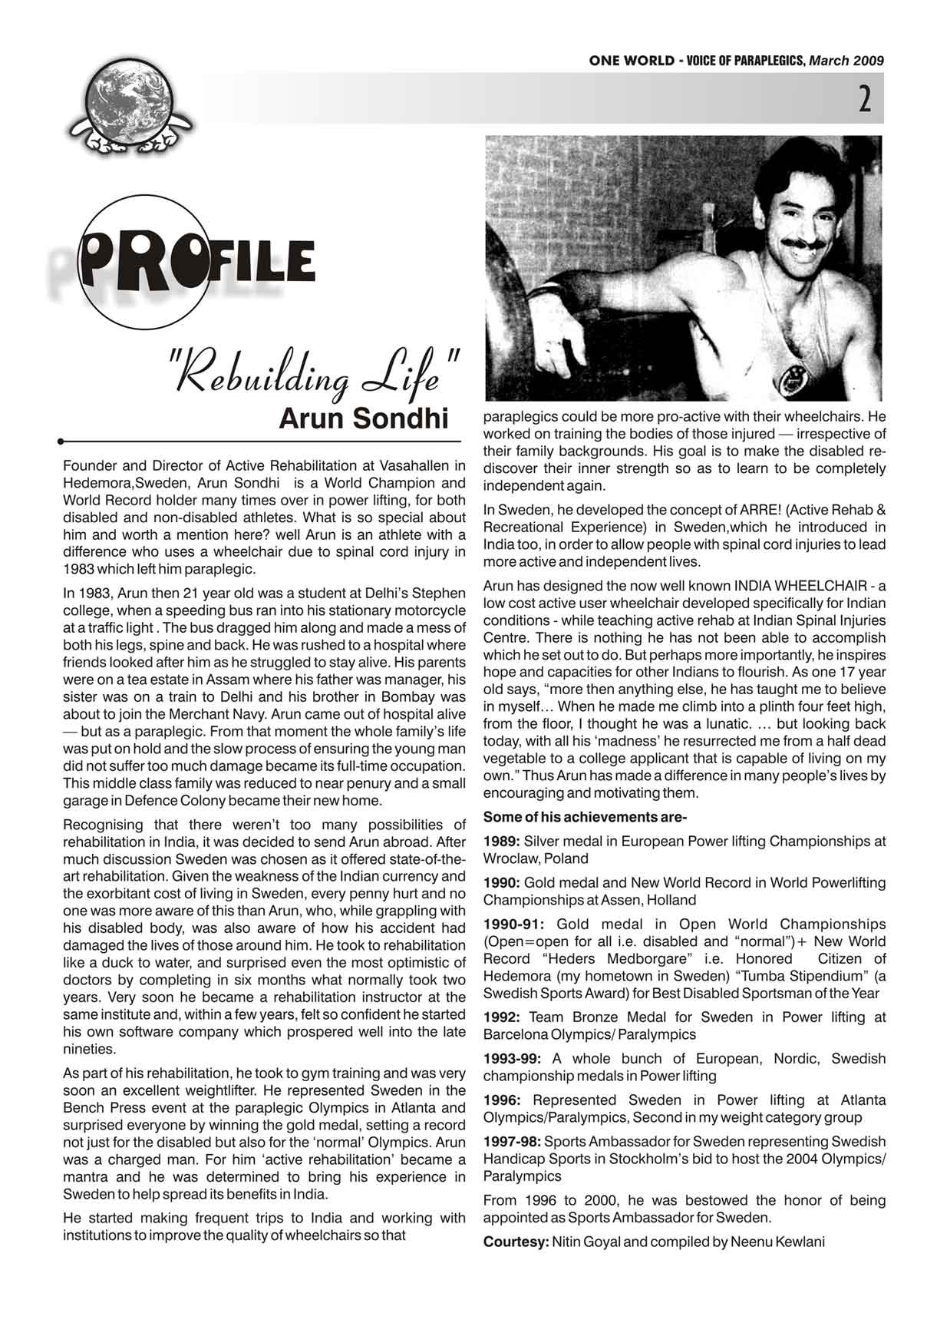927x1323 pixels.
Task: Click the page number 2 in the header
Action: (864, 100)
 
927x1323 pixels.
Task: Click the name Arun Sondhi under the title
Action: (363, 419)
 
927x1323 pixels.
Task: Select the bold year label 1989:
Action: (500, 842)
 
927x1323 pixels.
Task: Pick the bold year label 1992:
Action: (500, 1017)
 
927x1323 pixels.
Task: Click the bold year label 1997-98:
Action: (513, 1141)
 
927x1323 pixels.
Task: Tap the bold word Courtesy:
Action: (516, 1242)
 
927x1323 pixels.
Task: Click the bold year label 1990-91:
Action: (513, 924)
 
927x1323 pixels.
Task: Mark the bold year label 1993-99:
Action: (513, 1059)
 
